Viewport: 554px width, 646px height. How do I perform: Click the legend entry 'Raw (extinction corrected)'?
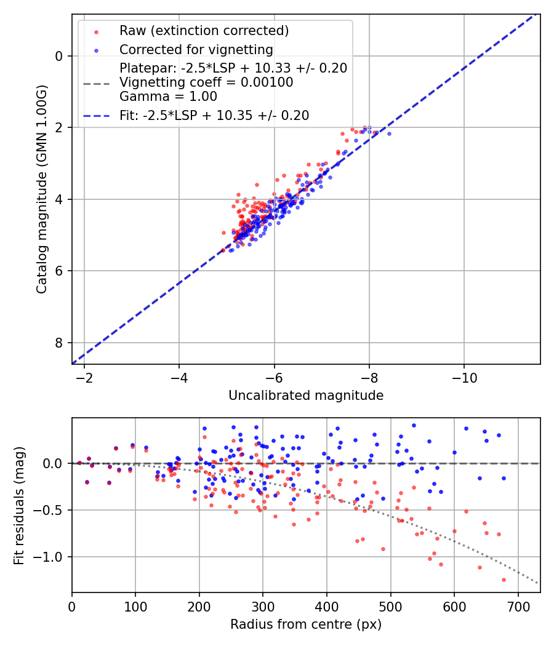coord(204,31)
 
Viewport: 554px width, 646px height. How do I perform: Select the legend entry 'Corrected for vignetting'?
coord(196,49)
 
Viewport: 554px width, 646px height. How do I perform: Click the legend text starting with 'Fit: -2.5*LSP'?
coord(214,115)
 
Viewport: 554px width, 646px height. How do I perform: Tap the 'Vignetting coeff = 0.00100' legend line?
coord(206,82)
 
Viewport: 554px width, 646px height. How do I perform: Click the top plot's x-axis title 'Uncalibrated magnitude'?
coord(306,396)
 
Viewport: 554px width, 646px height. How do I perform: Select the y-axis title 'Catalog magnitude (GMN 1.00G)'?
coord(41,189)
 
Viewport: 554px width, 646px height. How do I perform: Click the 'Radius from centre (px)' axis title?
coord(306,624)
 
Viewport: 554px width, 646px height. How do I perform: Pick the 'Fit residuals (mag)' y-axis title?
coord(18,505)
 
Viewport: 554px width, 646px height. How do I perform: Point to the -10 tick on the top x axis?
coord(464,377)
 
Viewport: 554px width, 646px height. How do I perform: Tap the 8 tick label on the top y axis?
coord(59,343)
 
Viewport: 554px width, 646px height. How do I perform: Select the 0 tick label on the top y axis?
coord(59,56)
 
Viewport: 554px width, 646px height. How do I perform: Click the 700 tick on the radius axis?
coord(518,606)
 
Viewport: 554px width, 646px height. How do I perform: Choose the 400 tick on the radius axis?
coord(327,606)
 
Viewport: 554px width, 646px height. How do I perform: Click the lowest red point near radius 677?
coord(504,580)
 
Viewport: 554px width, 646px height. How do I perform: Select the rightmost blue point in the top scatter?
coord(388,134)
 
